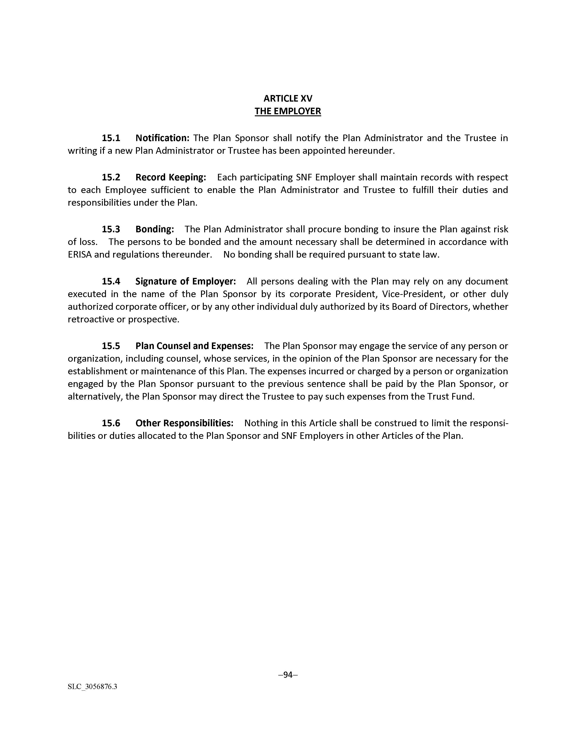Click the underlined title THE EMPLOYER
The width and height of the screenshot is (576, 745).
pyautogui.click(x=288, y=111)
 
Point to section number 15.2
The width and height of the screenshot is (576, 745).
pyautogui.click(x=111, y=177)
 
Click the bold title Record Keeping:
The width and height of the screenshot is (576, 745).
pyautogui.click(x=171, y=177)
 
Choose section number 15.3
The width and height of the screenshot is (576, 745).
pyautogui.click(x=111, y=229)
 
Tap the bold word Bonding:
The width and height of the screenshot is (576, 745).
pyautogui.click(x=155, y=229)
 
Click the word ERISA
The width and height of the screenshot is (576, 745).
pyautogui.click(x=80, y=254)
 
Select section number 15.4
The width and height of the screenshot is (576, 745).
pyautogui.click(x=111, y=282)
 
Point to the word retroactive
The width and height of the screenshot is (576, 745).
pyautogui.click(x=89, y=320)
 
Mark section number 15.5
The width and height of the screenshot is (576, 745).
pyautogui.click(x=111, y=346)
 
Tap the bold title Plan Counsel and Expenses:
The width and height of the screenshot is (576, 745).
pyautogui.click(x=194, y=346)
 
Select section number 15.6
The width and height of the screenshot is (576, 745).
pyautogui.click(x=111, y=423)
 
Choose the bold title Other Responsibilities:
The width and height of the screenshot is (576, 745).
pyautogui.click(x=184, y=423)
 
